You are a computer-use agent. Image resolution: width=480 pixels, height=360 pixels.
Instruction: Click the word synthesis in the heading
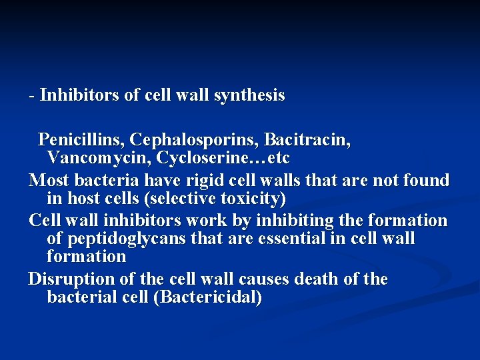click(x=249, y=96)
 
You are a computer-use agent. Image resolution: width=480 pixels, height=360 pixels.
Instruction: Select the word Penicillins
click(x=81, y=140)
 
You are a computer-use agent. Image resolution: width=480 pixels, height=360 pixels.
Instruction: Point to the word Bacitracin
click(x=307, y=140)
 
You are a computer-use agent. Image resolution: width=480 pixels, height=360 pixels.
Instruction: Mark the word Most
click(x=48, y=180)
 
